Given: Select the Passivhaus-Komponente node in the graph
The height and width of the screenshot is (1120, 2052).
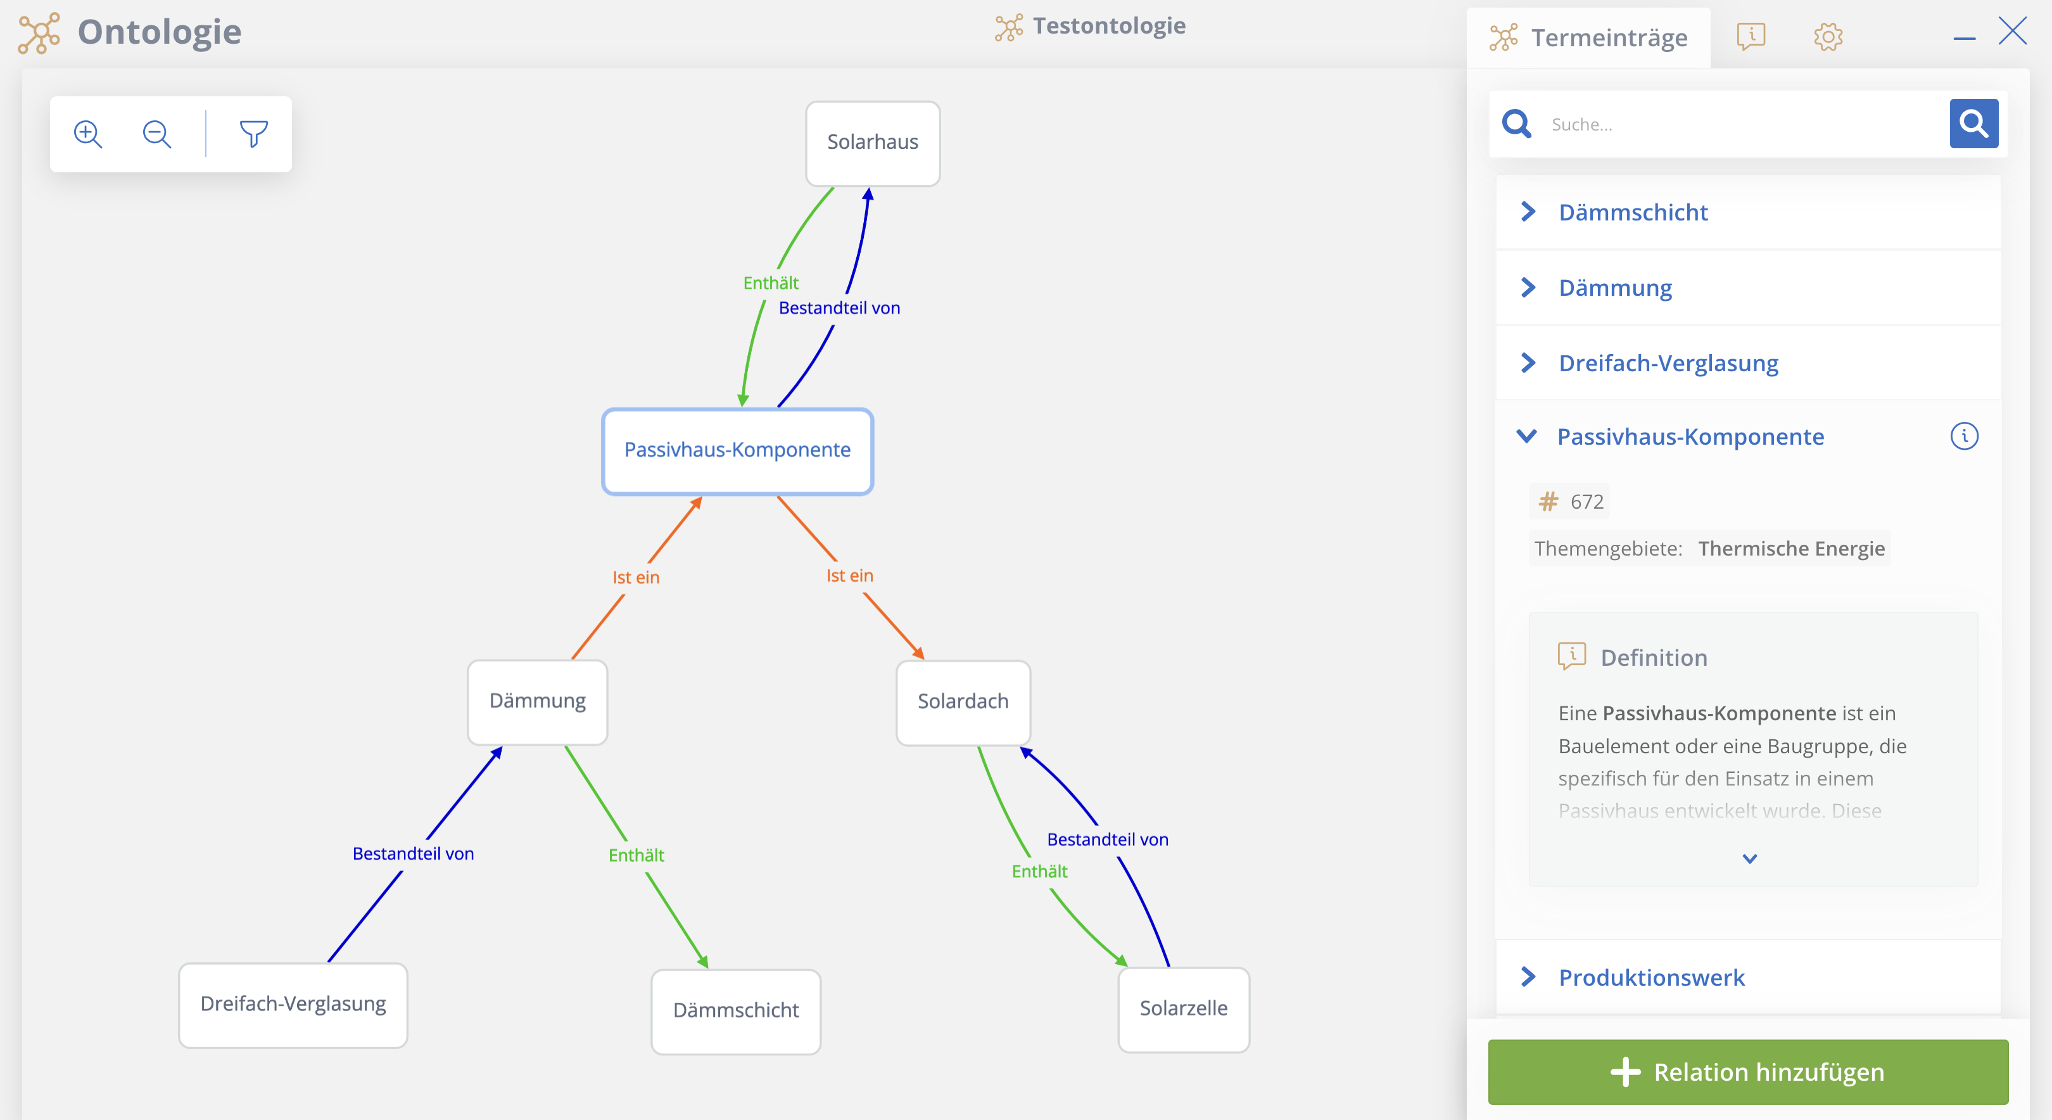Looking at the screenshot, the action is [738, 451].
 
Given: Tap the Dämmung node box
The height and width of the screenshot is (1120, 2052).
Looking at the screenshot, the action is [538, 702].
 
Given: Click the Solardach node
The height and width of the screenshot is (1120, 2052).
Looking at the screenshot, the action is [963, 702].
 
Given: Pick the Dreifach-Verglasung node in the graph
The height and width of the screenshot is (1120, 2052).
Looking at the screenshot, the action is [293, 1005].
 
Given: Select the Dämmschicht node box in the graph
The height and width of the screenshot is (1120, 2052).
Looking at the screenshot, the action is [736, 1011].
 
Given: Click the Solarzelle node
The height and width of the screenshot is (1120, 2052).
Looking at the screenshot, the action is [1184, 1009].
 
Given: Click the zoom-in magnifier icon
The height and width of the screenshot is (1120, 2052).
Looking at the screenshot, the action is [87, 134].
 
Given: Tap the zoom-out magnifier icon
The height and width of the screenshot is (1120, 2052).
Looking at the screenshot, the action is [157, 134].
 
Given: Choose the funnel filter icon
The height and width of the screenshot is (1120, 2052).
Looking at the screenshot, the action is [254, 134].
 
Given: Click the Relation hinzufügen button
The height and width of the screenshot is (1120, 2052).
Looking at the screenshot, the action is [1748, 1072].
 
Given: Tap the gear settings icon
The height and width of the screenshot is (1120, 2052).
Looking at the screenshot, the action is [1828, 37].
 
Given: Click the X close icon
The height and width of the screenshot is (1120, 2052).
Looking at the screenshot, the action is [2012, 31].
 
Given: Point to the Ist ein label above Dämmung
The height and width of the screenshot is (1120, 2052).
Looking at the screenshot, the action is [636, 578].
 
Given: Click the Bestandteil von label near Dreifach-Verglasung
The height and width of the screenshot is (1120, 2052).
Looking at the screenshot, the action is [413, 854].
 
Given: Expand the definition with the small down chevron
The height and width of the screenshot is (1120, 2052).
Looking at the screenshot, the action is [1749, 859].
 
